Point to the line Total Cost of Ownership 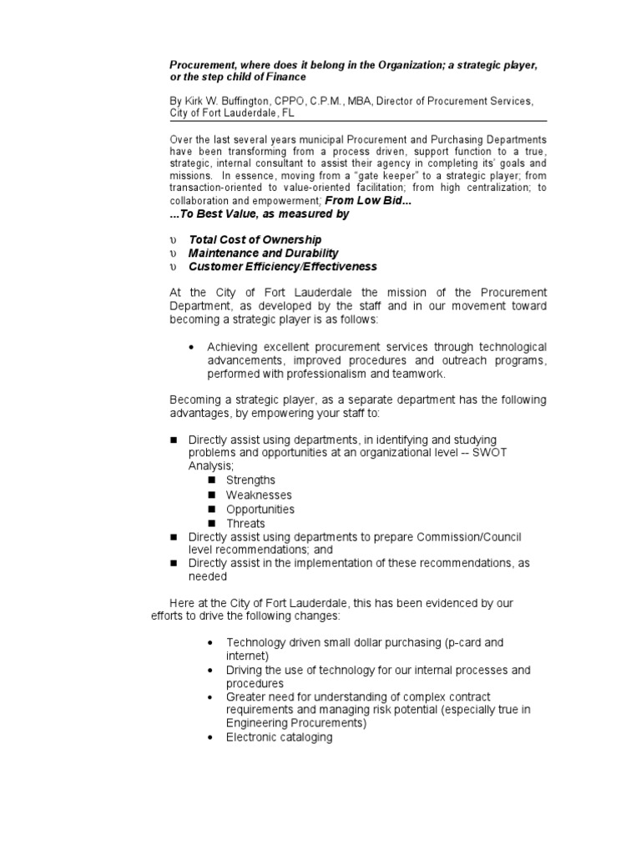pos(255,239)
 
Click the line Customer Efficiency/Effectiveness pos(282,267)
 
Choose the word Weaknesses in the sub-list pos(259,495)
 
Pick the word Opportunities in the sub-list pos(260,510)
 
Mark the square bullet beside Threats pos(211,524)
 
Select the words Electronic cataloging pos(279,737)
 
